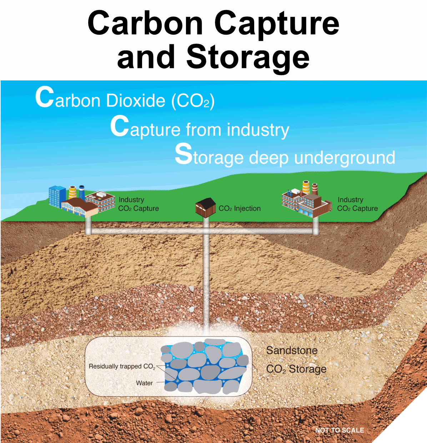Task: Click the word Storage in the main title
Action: (248, 57)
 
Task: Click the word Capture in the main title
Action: (277, 24)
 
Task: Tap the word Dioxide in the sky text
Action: (136, 100)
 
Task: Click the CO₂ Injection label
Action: (239, 209)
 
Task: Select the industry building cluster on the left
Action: (81, 201)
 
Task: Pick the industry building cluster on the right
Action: (305, 200)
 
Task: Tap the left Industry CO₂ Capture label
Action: (138, 204)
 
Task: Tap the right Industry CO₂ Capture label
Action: (357, 204)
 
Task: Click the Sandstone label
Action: (292, 350)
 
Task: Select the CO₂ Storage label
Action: (296, 369)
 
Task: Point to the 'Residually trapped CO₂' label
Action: (122, 367)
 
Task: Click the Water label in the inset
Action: (144, 383)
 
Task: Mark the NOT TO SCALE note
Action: (339, 430)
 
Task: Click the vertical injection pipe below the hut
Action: (206, 279)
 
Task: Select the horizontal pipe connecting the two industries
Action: (150, 232)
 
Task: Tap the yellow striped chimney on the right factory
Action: (306, 187)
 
